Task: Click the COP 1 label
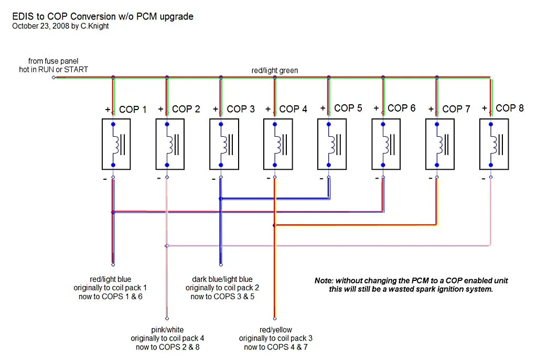tap(133, 110)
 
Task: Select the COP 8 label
tap(510, 108)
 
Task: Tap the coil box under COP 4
tap(278, 144)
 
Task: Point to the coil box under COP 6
tap(386, 144)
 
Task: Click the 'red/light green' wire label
tap(275, 71)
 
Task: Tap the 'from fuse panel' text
tap(53, 61)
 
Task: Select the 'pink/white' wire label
tap(167, 330)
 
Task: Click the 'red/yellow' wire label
tap(276, 330)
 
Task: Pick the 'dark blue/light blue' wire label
tap(222, 279)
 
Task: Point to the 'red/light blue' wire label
tap(110, 279)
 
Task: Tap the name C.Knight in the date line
tap(95, 26)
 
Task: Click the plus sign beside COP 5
tap(323, 108)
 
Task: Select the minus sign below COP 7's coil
tap(430, 178)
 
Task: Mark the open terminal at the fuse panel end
tap(53, 78)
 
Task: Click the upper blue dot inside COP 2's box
tap(167, 124)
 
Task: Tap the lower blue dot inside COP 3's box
tap(221, 165)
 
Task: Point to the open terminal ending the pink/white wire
tap(167, 319)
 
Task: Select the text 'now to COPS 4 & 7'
tap(276, 347)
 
